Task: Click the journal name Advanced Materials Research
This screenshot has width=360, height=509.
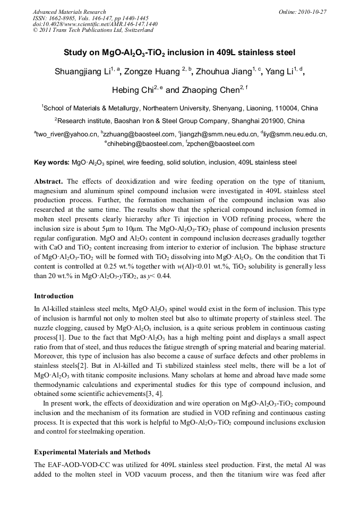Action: [69, 12]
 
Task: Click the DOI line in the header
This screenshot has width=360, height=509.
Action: [95, 24]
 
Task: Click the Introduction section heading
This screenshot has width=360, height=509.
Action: [54, 296]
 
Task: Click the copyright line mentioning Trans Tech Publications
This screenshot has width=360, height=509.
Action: [93, 30]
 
